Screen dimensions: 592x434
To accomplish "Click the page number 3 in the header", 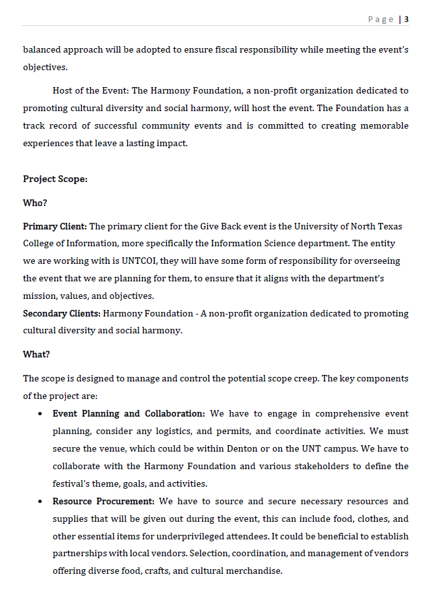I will (406, 19).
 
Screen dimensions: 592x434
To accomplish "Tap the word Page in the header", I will (381, 19).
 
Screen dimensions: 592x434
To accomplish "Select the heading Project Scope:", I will (55, 179).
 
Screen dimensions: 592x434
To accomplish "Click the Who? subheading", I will (35, 203).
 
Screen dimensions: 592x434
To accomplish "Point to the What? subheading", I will (36, 354).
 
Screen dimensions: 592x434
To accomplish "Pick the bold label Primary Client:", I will (55, 226).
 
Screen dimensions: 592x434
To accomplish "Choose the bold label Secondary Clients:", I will (62, 313).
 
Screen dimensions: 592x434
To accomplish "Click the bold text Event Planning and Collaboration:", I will (129, 413).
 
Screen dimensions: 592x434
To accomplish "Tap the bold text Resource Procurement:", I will (103, 501).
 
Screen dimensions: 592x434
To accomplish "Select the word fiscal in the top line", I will (250, 49).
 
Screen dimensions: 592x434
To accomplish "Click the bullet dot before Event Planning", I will (40, 414).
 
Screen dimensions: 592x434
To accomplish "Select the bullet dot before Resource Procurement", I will (40, 502).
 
